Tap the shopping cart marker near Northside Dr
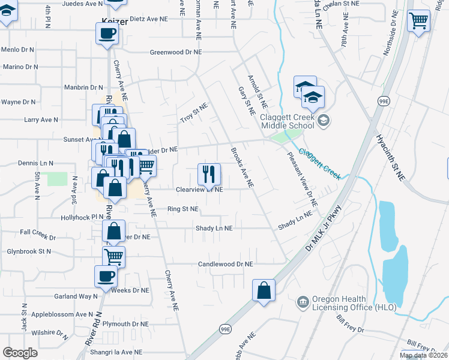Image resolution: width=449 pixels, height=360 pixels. (x=418, y=21)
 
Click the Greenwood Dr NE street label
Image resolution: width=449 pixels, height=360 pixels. (x=175, y=52)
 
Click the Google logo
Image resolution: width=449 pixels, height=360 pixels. (x=20, y=353)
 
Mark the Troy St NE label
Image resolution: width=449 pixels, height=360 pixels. (x=194, y=113)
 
